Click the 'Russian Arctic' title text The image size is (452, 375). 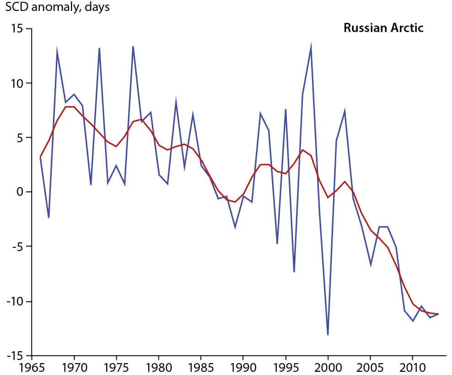point(383,28)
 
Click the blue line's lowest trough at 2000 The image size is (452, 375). point(328,335)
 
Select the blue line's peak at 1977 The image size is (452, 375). point(133,46)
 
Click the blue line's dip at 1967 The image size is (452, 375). point(48,218)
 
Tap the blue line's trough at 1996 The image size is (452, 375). point(294,272)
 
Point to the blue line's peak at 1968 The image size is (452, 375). point(57,51)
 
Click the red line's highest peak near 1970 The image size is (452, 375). point(70,107)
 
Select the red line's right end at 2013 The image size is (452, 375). point(438,314)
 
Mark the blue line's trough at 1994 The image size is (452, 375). point(277,243)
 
